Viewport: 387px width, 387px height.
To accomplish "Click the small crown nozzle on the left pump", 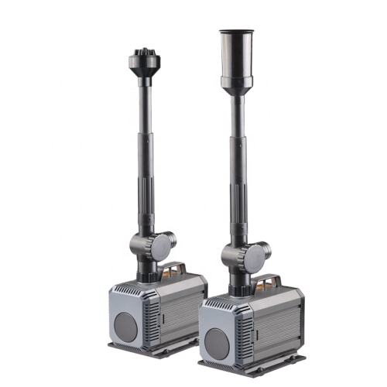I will click(x=143, y=60).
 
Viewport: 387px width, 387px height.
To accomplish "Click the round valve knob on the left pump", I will click(x=162, y=247).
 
